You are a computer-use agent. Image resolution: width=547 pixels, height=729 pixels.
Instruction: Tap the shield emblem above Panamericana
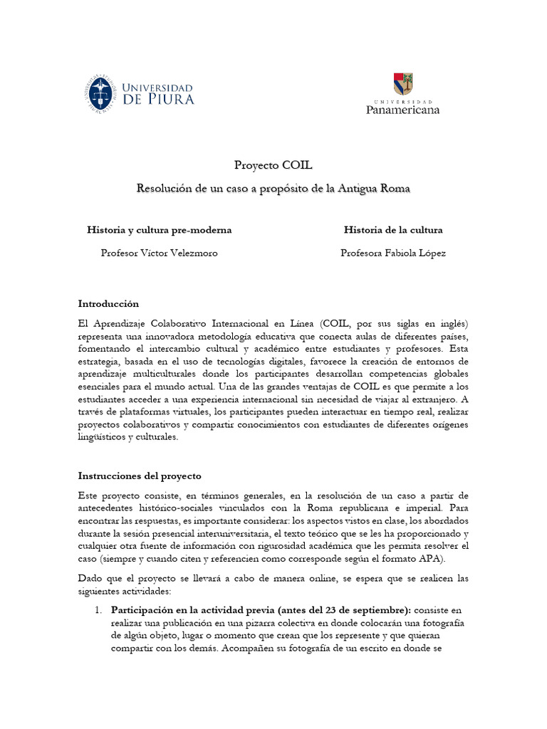[403, 85]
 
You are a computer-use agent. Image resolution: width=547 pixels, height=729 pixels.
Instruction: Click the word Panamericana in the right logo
[402, 110]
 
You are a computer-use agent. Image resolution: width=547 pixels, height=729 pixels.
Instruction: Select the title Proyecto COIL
[273, 165]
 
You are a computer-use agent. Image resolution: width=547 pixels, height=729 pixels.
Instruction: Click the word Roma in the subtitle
[395, 189]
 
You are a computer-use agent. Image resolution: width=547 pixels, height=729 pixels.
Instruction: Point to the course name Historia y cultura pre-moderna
[159, 230]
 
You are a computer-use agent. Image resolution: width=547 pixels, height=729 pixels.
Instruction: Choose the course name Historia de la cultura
[393, 230]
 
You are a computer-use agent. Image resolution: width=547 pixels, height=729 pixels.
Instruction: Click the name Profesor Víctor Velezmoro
[159, 253]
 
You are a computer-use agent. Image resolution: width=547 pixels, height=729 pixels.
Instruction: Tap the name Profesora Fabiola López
[393, 253]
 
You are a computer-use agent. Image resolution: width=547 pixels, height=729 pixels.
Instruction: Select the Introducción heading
[108, 303]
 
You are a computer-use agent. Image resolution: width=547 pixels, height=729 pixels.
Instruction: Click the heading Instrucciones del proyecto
[140, 476]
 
